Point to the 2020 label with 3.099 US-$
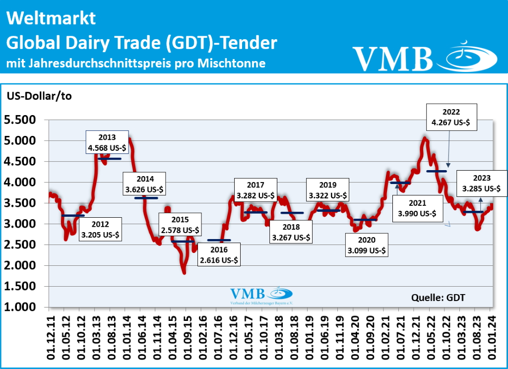click(x=368, y=245)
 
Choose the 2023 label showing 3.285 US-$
click(x=482, y=183)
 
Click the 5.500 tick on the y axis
click(x=20, y=120)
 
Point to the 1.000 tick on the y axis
click(x=20, y=307)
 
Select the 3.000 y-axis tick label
click(x=20, y=224)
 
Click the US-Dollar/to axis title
click(x=39, y=96)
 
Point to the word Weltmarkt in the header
click(x=51, y=19)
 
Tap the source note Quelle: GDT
click(x=439, y=297)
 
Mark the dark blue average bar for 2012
click(x=73, y=216)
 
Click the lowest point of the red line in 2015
click(x=184, y=272)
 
